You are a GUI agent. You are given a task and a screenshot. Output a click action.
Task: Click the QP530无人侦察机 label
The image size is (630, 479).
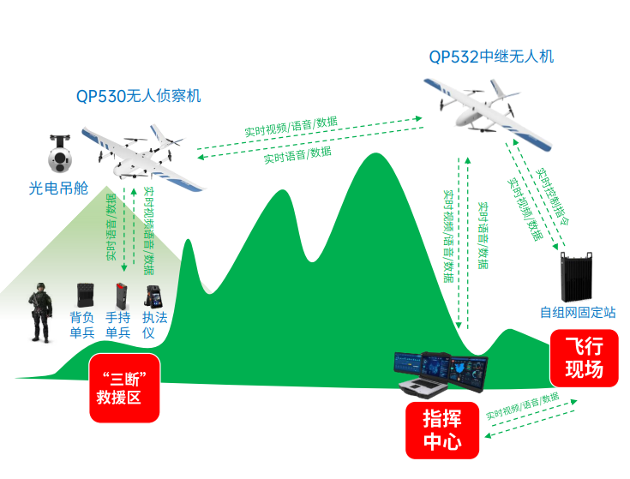point(138,96)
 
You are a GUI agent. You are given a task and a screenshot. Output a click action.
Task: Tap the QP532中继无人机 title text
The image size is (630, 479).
point(491,57)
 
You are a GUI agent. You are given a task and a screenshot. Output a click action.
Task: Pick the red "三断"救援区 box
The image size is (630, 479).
point(125,388)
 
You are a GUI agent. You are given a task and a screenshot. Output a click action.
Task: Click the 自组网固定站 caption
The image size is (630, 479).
point(577,313)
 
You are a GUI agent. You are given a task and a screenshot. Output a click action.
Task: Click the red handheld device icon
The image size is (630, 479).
point(120,296)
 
